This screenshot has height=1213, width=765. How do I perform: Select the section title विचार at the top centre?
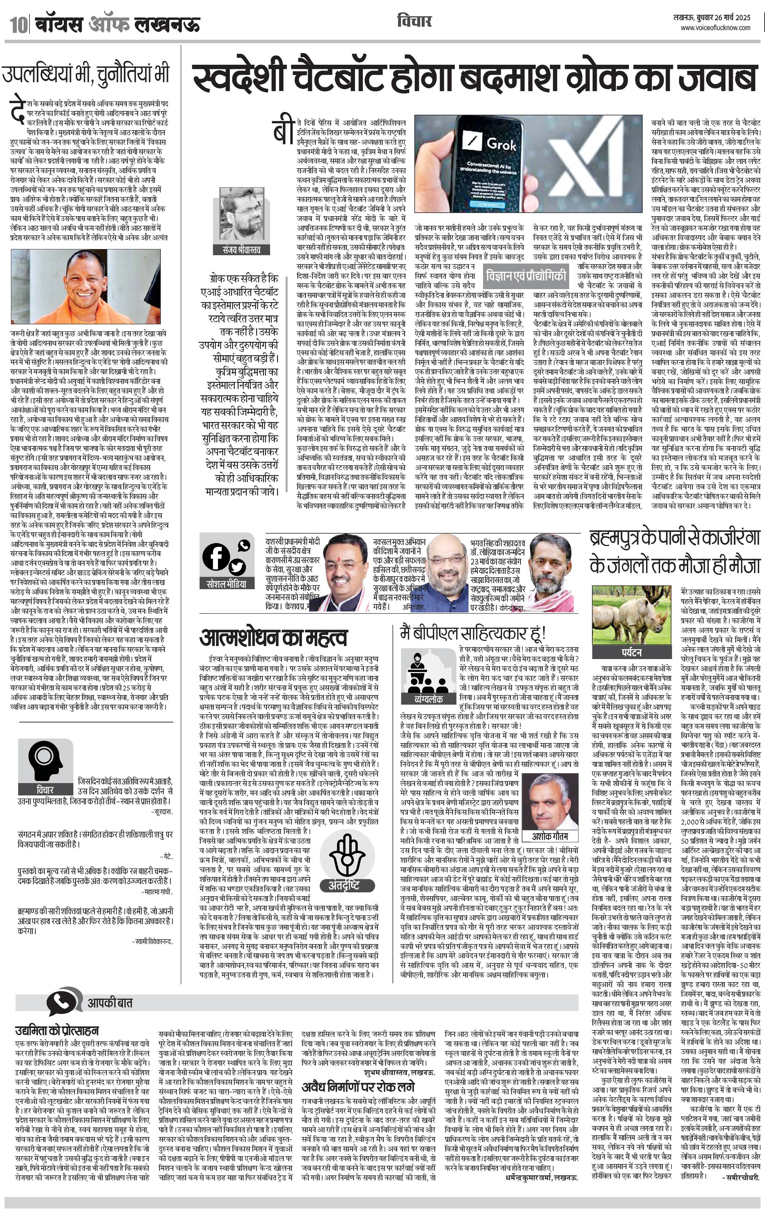414,21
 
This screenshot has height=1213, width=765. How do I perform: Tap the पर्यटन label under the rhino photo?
631,652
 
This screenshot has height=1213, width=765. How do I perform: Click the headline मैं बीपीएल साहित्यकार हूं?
473,633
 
